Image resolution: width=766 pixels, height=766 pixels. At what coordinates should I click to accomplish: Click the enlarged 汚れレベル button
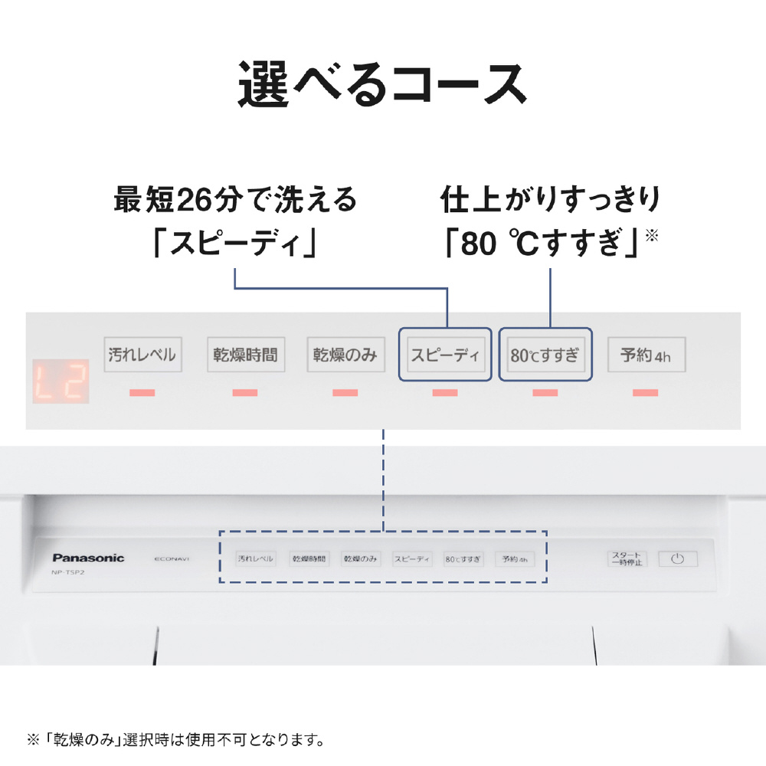[142, 355]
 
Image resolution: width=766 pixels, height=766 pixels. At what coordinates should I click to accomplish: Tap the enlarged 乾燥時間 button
[246, 355]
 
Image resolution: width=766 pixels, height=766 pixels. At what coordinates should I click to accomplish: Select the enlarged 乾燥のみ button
[346, 355]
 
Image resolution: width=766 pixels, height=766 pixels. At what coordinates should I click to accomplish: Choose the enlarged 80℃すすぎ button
[545, 355]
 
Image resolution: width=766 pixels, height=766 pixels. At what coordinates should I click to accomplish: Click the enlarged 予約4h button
[647, 355]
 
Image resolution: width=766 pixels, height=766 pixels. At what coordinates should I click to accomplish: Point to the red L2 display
[61, 381]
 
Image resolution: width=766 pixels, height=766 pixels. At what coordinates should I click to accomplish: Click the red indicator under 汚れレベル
[142, 392]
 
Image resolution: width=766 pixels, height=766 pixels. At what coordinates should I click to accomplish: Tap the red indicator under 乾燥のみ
[345, 392]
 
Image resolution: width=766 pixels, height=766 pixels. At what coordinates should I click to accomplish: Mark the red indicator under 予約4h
[645, 392]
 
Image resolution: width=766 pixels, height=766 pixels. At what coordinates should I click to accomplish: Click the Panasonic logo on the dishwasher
[88, 558]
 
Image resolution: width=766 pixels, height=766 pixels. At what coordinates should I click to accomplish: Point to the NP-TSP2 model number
[68, 572]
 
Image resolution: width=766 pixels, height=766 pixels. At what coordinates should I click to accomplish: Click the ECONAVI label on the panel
[172, 559]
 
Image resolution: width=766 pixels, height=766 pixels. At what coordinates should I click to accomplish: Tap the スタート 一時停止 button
[627, 559]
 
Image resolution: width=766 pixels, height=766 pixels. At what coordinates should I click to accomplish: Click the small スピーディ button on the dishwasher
[412, 559]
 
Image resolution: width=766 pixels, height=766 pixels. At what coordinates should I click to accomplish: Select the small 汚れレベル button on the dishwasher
[256, 559]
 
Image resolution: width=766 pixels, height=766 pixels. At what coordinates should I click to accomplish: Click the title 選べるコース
[382, 84]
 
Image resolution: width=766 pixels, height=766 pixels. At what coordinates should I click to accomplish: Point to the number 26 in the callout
[195, 199]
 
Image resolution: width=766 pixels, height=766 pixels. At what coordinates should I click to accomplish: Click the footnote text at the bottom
[176, 740]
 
